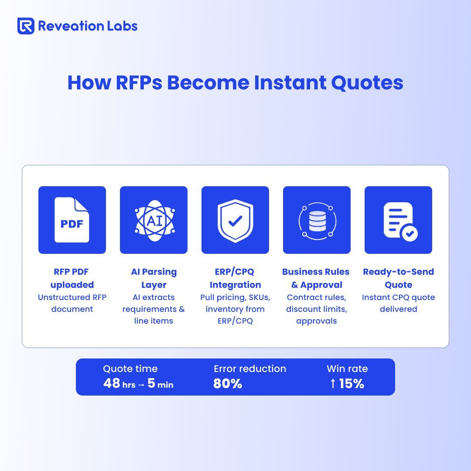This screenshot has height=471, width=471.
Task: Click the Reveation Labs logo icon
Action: (x=26, y=26)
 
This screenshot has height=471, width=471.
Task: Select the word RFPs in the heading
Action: (x=139, y=82)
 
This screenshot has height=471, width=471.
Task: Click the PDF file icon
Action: (x=72, y=220)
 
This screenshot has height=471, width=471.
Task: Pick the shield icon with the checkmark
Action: (x=235, y=221)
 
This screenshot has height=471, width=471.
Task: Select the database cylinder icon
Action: (x=317, y=221)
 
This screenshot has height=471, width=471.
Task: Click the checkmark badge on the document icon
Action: (x=410, y=233)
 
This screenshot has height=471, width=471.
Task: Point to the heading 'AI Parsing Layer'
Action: (x=154, y=278)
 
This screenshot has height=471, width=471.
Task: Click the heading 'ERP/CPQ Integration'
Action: (x=235, y=278)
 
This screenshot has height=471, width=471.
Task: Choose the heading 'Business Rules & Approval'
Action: (x=316, y=278)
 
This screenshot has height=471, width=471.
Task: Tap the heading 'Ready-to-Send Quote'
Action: (x=399, y=278)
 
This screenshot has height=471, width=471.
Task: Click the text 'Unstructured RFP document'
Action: (x=72, y=303)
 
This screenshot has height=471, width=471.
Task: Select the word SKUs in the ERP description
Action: (x=259, y=297)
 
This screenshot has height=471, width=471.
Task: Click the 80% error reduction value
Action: (x=228, y=384)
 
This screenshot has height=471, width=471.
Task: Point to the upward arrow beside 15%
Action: (x=332, y=384)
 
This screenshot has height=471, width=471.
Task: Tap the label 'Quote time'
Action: (x=130, y=369)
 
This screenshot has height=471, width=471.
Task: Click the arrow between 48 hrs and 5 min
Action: (x=141, y=385)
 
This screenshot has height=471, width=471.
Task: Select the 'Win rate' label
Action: (x=347, y=369)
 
